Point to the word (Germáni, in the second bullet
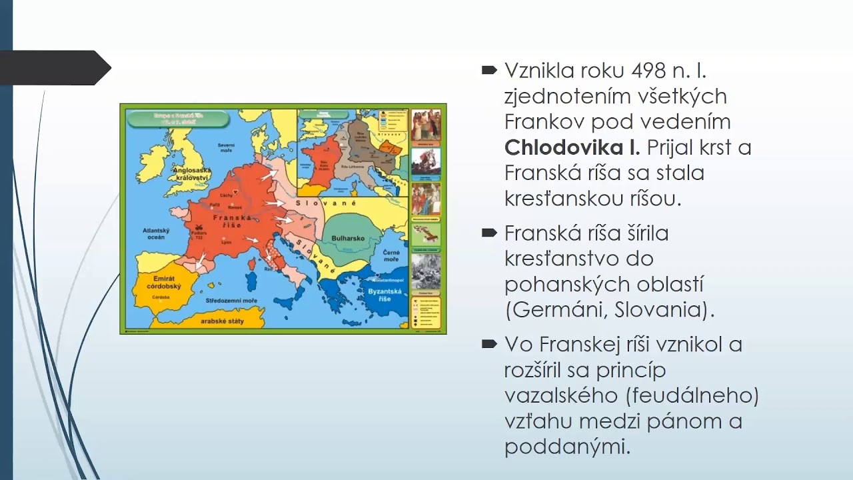[556, 310]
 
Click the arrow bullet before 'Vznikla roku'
[490, 69]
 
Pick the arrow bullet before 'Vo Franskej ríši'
[490, 344]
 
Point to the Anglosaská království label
[192, 175]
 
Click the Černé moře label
[391, 256]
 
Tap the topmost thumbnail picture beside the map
[425, 125]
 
